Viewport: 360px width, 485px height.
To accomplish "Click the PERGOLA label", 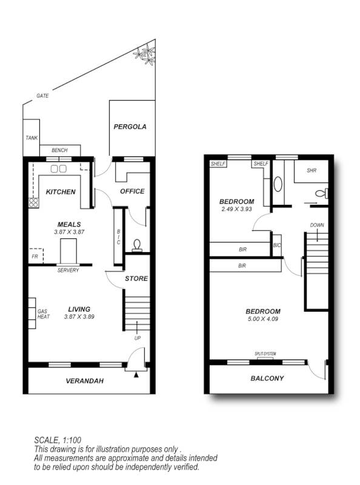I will click(130, 127).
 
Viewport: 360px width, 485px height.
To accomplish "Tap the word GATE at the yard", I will click(42, 96).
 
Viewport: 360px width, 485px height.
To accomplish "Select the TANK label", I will click(32, 138).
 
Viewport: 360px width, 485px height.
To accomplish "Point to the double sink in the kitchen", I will click(59, 169).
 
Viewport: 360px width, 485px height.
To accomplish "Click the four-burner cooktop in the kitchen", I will click(33, 204).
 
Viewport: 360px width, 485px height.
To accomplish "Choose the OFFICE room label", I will click(132, 192).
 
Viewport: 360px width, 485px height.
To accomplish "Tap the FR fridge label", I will click(35, 257).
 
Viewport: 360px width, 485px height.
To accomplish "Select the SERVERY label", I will click(68, 270).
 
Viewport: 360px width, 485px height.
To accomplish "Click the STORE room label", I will click(136, 279).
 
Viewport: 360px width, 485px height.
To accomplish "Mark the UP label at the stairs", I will click(138, 338).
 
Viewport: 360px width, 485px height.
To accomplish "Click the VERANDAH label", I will click(84, 381).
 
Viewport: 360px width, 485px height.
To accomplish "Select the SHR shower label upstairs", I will click(312, 170).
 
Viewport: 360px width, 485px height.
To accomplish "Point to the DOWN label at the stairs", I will click(317, 225).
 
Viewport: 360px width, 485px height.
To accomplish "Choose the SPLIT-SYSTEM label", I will click(266, 352).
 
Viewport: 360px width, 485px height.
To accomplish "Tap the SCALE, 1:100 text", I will click(58, 440).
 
